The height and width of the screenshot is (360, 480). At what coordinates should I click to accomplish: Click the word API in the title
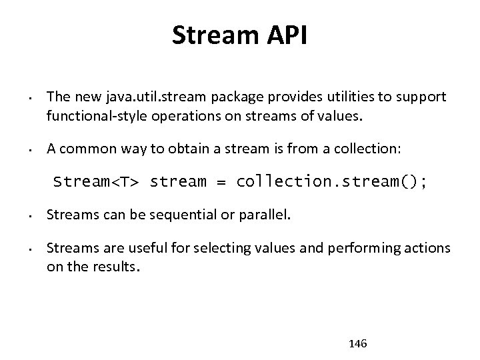[285, 35]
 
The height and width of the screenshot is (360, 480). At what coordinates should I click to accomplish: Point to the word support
[422, 97]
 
